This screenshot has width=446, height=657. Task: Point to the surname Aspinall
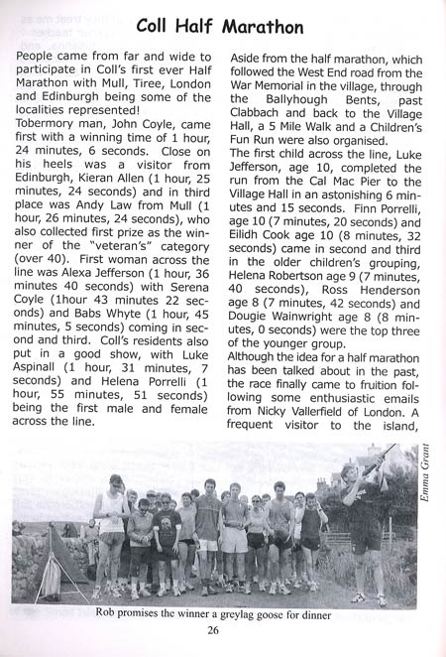point(49,364)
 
